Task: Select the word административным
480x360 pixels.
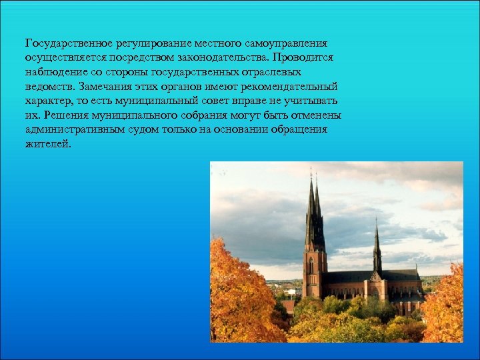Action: tap(74, 129)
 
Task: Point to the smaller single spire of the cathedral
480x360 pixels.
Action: tap(377, 247)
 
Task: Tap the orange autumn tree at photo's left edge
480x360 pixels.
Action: tap(233, 293)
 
